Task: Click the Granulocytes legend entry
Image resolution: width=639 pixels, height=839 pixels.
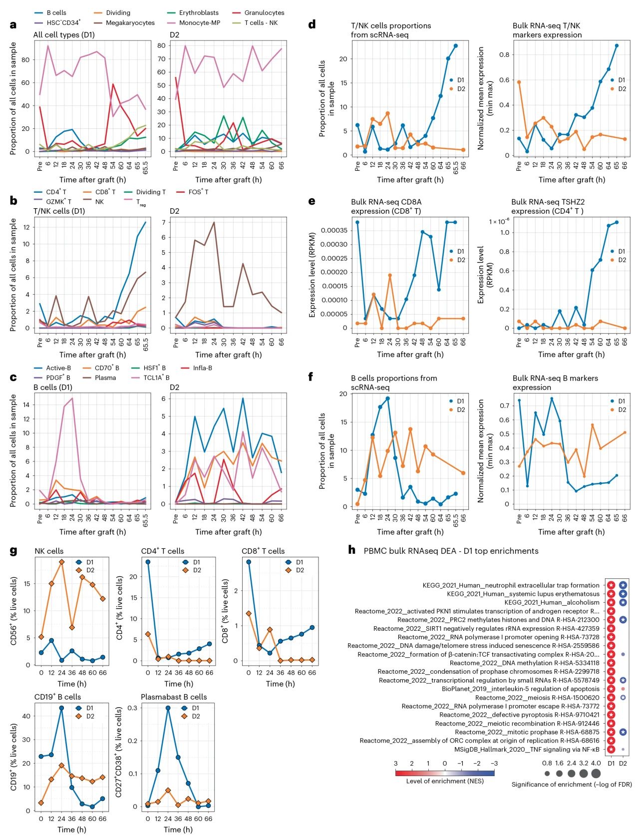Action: (x=264, y=12)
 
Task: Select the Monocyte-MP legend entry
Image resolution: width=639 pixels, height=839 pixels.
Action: (x=200, y=23)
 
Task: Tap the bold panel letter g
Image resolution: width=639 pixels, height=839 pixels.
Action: (x=13, y=551)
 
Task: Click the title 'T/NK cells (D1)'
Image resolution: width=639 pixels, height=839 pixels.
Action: (x=59, y=211)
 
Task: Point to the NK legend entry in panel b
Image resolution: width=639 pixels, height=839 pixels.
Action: (x=99, y=202)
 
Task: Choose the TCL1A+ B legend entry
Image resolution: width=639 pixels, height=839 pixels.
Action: (x=156, y=378)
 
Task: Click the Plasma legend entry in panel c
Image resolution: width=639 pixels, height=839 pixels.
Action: (x=105, y=378)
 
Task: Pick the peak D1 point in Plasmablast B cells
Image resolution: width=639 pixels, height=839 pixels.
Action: (x=168, y=708)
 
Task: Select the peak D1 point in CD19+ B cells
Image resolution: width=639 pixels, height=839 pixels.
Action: (x=61, y=708)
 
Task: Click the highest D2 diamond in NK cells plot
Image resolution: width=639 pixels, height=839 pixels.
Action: (x=62, y=562)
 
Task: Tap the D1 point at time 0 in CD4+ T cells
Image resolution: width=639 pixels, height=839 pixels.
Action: (x=148, y=562)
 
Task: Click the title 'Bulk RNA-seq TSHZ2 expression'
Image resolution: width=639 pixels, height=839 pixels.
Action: (x=548, y=206)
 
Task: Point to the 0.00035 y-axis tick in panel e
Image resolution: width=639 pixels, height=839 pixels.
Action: (x=334, y=230)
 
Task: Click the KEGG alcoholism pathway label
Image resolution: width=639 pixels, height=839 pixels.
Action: (x=552, y=602)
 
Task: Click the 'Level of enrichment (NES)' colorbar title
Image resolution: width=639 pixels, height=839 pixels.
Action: (x=445, y=781)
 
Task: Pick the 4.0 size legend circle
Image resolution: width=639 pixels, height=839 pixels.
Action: (x=596, y=774)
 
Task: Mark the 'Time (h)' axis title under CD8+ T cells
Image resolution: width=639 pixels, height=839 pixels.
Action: (x=280, y=684)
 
